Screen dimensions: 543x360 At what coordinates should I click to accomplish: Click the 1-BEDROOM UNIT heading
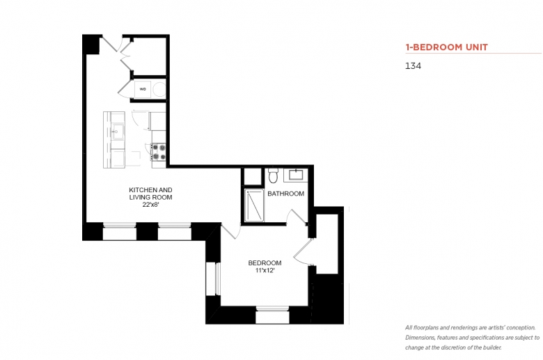(446, 47)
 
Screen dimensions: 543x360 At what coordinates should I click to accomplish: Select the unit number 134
(413, 66)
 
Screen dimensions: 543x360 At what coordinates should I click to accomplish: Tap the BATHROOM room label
(285, 194)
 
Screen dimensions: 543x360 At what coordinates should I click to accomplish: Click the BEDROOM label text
(265, 263)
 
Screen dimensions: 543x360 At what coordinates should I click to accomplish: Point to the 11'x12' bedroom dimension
(265, 271)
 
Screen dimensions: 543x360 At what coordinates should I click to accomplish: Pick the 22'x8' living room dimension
(150, 205)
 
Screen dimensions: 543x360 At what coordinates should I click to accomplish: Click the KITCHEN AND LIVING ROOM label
(150, 194)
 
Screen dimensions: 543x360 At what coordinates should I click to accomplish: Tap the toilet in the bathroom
(273, 175)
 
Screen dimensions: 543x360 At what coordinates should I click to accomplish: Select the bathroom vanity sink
(295, 175)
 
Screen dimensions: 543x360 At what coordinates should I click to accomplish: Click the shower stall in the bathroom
(254, 205)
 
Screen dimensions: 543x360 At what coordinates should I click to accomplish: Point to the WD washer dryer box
(143, 89)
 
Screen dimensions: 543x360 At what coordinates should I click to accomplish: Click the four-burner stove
(159, 152)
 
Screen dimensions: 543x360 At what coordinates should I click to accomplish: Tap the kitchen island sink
(118, 132)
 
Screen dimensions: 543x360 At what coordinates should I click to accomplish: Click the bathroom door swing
(296, 217)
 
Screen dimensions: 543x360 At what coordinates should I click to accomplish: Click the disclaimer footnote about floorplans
(473, 338)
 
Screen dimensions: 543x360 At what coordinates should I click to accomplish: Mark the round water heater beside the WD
(159, 89)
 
